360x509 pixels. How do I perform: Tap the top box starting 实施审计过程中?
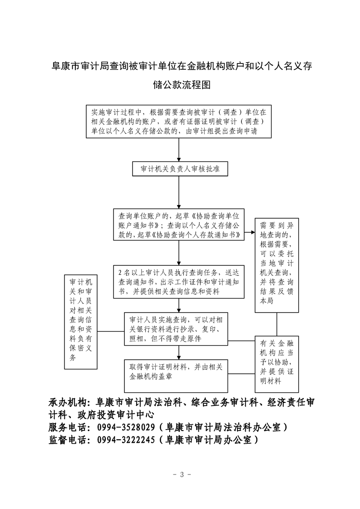pyautogui.click(x=179, y=121)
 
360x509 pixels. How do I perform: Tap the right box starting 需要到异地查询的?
pyautogui.click(x=277, y=264)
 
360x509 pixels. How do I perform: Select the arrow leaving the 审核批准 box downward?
pyautogui.click(x=179, y=192)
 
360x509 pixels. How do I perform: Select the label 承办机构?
pyautogui.click(x=67, y=402)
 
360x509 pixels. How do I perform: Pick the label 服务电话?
pyautogui.click(x=67, y=427)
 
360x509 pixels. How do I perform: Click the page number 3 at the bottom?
pyautogui.click(x=180, y=475)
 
